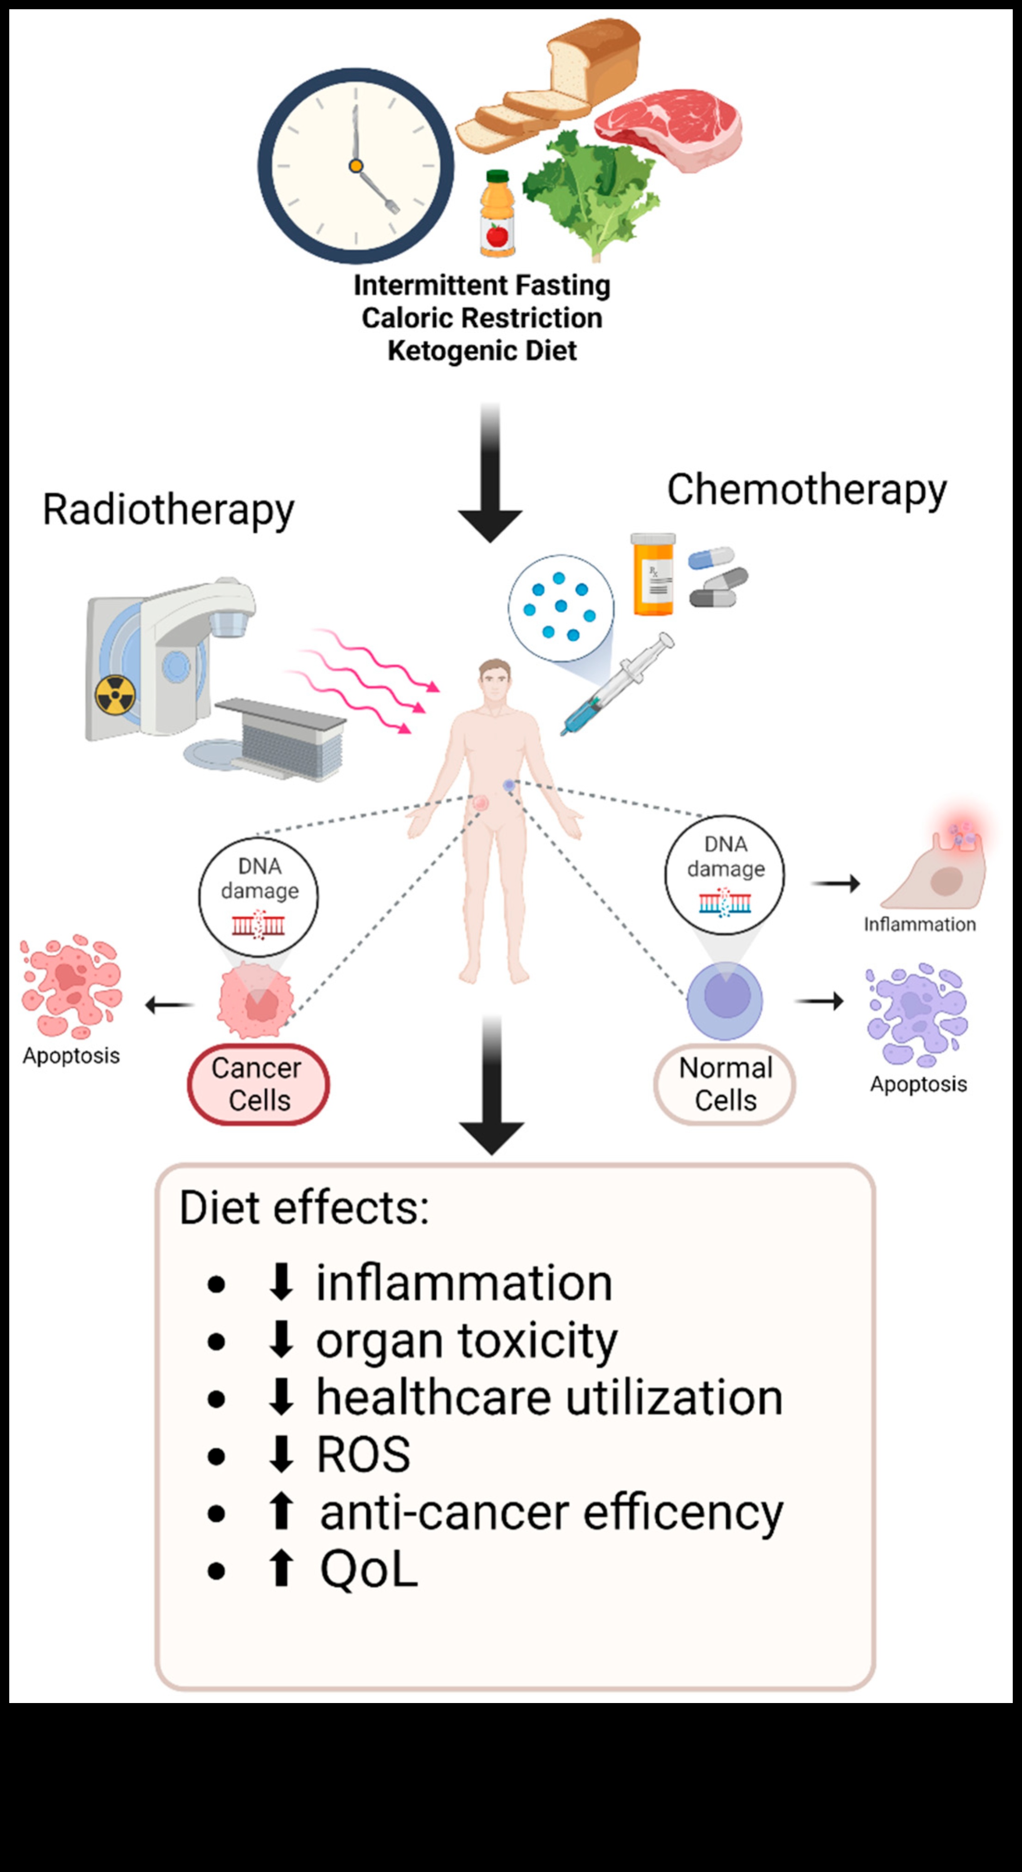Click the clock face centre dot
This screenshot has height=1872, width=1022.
pyautogui.click(x=355, y=166)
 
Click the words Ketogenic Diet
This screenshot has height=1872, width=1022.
pyautogui.click(x=482, y=350)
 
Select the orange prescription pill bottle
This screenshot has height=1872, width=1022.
pyautogui.click(x=653, y=574)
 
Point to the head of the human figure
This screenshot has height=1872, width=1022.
pyautogui.click(x=494, y=680)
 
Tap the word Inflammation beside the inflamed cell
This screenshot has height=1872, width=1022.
pyautogui.click(x=920, y=924)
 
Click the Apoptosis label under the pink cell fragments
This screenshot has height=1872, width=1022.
pyautogui.click(x=71, y=1055)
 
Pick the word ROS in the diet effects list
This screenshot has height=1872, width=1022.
pyautogui.click(x=363, y=1455)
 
